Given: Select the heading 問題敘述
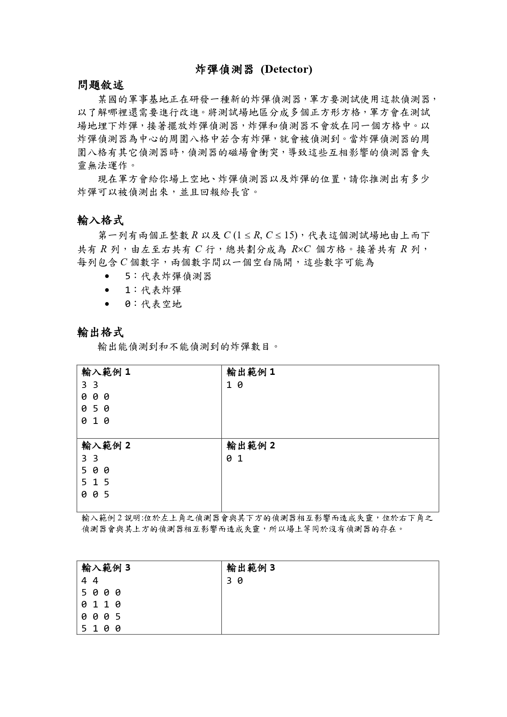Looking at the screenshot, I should point(100,85).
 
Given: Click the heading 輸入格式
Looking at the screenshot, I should point(100,220).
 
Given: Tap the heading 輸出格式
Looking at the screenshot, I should point(100,332).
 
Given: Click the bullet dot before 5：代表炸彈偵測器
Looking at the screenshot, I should point(107,277).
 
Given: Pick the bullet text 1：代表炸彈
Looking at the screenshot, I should point(153,290).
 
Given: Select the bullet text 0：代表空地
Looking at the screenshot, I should point(153,304).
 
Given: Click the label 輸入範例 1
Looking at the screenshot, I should point(106,372).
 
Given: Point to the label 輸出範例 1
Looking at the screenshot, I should point(251,372).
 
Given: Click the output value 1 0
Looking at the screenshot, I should point(235,385).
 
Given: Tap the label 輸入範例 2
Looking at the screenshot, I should point(106,446).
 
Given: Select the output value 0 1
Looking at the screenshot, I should point(235,459).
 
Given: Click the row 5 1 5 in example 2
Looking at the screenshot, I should point(95,482).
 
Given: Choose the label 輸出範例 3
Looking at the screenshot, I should point(251,568).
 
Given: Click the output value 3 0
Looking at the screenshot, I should point(235,580).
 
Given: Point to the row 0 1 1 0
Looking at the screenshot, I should point(101,604).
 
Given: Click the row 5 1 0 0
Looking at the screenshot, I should point(101,628).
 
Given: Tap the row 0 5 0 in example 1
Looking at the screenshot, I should point(95,409).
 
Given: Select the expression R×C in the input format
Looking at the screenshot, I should point(301,249).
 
